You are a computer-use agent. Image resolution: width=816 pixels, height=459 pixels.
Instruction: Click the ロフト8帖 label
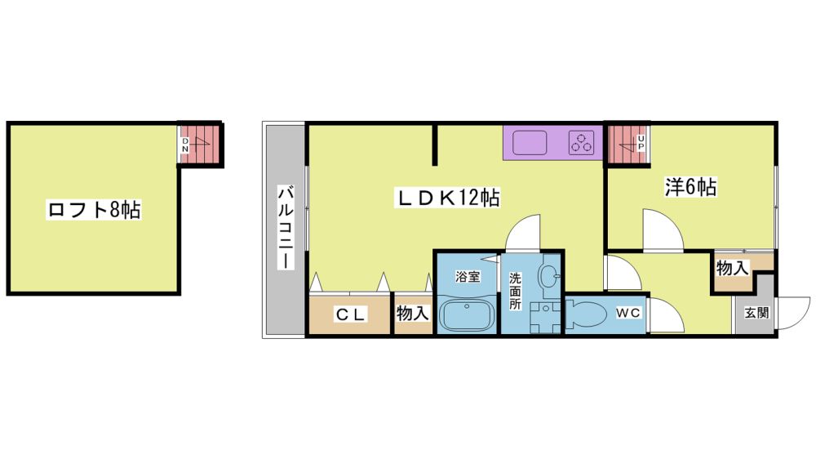click(x=94, y=209)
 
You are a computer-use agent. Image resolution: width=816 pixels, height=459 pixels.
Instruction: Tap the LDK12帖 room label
click(x=449, y=198)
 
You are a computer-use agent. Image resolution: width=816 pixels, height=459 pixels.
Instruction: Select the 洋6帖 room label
click(x=690, y=187)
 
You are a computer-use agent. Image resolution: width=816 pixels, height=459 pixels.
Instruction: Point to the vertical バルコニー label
click(x=285, y=227)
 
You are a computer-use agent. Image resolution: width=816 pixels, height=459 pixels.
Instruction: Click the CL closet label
click(x=351, y=314)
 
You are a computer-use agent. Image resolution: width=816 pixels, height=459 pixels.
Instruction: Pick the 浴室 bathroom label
click(x=468, y=276)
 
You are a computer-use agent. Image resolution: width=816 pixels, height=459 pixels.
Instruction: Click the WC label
click(x=628, y=313)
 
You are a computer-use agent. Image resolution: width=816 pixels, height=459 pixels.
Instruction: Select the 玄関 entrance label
click(x=756, y=313)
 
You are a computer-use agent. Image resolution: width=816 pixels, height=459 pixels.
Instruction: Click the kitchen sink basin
click(x=530, y=143)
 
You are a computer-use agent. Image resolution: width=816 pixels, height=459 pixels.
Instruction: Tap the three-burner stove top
click(x=581, y=142)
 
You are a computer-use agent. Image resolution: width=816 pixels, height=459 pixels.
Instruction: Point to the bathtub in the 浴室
click(x=465, y=314)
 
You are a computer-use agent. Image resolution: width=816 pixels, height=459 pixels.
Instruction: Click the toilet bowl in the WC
click(x=587, y=314)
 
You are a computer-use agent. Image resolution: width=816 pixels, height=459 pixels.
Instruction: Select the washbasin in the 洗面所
click(x=548, y=275)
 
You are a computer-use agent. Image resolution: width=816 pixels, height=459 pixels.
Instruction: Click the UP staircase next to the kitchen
click(x=627, y=145)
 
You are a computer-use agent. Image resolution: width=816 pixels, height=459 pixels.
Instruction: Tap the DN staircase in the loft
click(x=199, y=145)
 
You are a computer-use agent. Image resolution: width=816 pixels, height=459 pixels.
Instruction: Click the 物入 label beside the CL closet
click(x=413, y=313)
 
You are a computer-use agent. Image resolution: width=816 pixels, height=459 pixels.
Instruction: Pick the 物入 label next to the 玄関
click(x=732, y=269)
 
